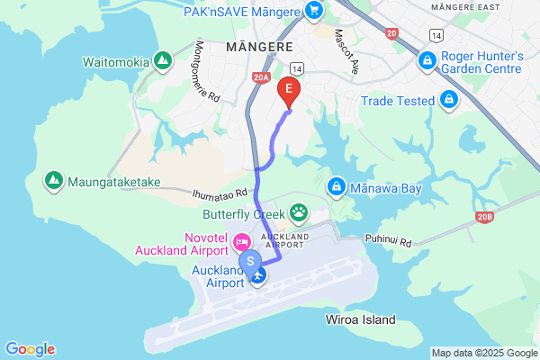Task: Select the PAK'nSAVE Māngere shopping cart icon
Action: coord(313,10)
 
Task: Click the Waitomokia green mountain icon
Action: coord(163,60)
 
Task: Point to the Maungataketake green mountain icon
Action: coord(55,181)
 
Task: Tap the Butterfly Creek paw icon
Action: coord(298,213)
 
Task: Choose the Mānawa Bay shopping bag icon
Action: coord(336,186)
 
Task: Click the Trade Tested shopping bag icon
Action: coord(447,100)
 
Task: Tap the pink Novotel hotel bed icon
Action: coord(241,241)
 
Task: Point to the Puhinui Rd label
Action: coord(388,241)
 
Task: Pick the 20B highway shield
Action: coord(486,216)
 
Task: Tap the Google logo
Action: coord(30,349)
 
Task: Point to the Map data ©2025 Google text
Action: coord(484,352)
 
